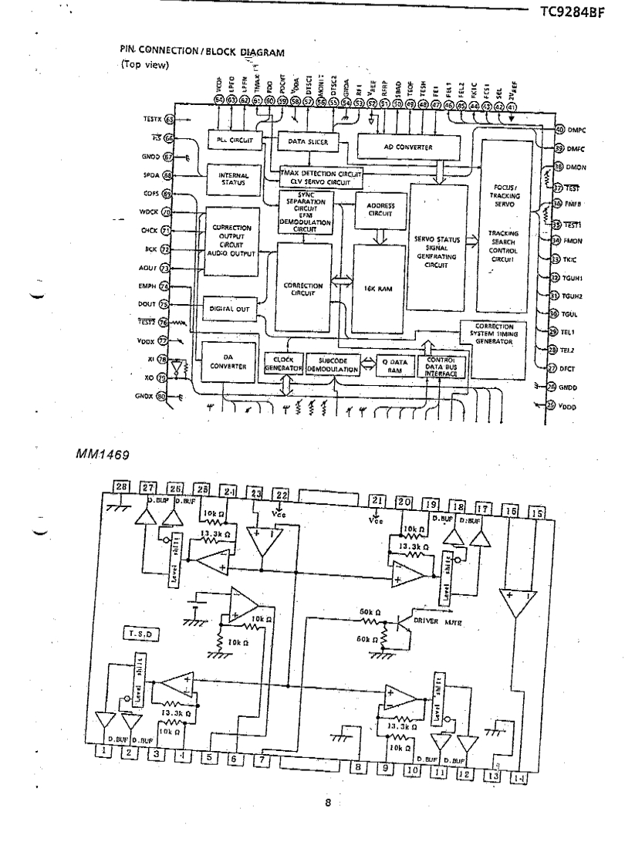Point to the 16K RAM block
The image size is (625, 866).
tap(379, 286)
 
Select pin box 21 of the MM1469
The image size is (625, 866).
tap(377, 501)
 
